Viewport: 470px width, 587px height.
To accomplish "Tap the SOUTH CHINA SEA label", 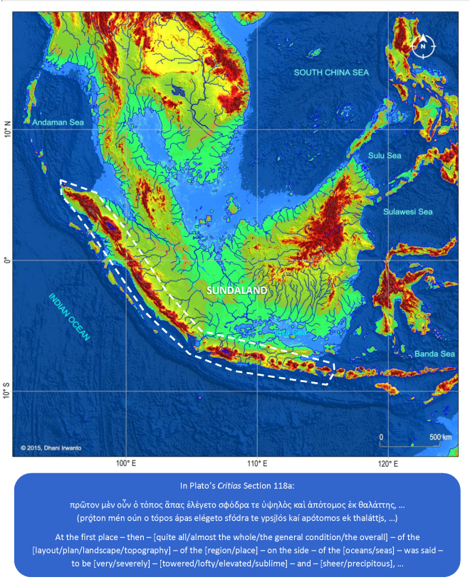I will (x=333, y=73).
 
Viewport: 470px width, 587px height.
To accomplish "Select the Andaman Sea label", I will (x=58, y=122).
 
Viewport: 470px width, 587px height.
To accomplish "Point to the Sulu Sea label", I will (x=385, y=156).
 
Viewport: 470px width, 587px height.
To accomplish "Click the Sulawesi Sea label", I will (x=407, y=211).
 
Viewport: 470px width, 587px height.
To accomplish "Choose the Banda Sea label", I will (x=437, y=354).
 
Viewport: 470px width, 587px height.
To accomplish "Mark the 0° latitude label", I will (x=7, y=260).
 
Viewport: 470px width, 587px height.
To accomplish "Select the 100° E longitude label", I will (x=125, y=464).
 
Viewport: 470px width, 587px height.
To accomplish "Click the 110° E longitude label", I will (x=256, y=464).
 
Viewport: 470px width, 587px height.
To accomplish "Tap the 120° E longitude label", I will (x=387, y=464).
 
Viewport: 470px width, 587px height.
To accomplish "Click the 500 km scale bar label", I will (x=439, y=436).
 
